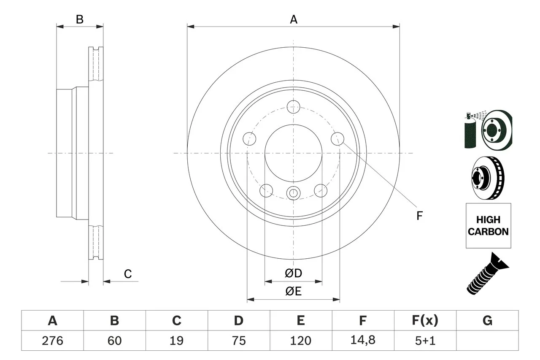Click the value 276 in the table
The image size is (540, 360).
pos(52,340)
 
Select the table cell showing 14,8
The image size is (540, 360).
pos(362,340)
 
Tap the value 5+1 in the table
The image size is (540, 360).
pos(425,340)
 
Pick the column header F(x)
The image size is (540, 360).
pos(425,321)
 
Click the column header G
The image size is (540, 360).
pos(487,321)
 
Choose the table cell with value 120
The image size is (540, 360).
pos(300,340)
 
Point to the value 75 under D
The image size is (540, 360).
pos(238,340)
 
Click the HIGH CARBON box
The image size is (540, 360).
pos(488,226)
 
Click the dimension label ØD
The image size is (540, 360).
pos(294,273)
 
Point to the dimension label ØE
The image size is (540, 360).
pos(294,292)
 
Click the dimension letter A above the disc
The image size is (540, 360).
pos(294,19)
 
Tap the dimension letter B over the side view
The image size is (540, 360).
pos(79,19)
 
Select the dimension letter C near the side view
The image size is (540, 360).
pos(128,274)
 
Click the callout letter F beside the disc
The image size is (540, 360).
pos(419,216)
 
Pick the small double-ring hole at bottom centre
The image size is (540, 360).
pos(293,193)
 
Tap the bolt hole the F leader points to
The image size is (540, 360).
pos(337,138)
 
